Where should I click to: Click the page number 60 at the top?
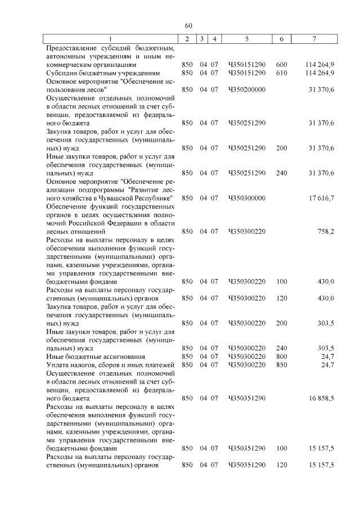[188, 25]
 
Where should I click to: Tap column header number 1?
[111, 39]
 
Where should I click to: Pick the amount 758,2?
[326, 231]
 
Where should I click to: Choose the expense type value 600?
[282, 65]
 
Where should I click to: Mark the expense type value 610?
[282, 73]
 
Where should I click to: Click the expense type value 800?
[282, 357]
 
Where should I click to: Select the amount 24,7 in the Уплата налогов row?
[327, 365]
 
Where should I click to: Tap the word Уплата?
[58, 365]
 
